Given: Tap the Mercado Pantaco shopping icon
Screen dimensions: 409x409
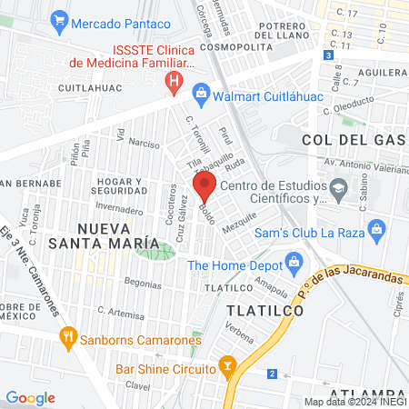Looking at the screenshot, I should pyautogui.click(x=60, y=17).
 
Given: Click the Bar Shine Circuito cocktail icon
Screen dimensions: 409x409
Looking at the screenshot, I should pyautogui.click(x=228, y=368).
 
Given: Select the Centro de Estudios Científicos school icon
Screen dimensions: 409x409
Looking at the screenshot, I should pyautogui.click(x=339, y=192).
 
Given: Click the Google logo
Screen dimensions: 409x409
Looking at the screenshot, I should pyautogui.click(x=30, y=397).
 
